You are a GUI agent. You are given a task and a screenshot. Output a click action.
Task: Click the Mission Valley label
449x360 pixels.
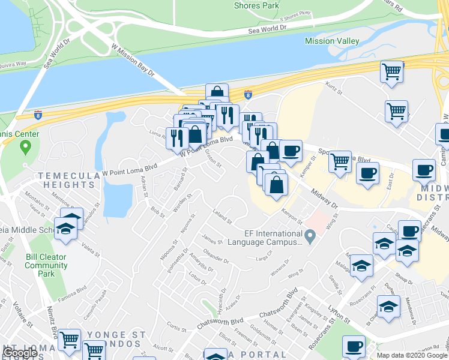[332, 41]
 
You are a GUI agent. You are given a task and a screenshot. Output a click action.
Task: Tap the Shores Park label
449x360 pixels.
[256, 5]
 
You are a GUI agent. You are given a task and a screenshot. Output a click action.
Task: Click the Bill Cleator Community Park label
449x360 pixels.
[46, 265]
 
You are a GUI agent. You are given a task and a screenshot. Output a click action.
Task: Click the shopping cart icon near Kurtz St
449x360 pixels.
[391, 72]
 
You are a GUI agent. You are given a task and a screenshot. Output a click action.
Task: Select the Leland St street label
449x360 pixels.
[222, 217]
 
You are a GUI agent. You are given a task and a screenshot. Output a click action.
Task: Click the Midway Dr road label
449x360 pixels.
[325, 199]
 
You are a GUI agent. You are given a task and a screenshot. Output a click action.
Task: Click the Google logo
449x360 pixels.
[20, 353]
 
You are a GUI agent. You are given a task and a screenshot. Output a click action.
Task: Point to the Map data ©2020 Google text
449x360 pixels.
[412, 355]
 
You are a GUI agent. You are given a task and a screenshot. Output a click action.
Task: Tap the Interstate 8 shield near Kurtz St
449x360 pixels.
[249, 94]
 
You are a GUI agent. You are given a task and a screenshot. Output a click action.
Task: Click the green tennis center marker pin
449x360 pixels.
[25, 147]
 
